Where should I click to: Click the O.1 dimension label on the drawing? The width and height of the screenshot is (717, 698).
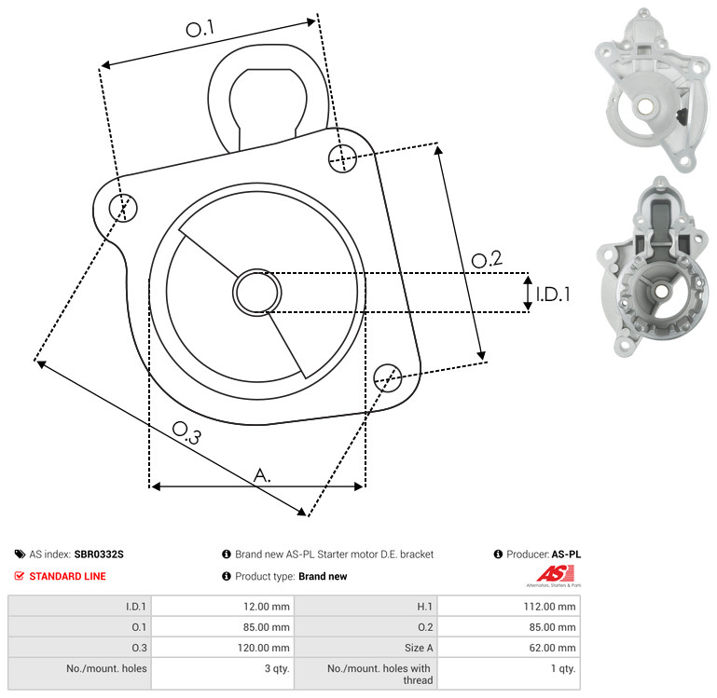[200, 29]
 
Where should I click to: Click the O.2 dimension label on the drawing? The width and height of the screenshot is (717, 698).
[487, 259]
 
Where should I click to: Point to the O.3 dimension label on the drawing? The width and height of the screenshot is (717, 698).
[186, 432]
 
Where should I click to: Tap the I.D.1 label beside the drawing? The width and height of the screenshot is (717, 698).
[553, 294]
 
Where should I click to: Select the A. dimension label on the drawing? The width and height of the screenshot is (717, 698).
[262, 475]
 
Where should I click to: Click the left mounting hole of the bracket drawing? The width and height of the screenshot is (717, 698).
[123, 208]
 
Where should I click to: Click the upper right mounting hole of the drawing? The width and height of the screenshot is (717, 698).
[342, 158]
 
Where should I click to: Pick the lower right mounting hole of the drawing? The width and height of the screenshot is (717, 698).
[388, 377]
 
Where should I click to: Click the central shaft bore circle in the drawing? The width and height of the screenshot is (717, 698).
[257, 293]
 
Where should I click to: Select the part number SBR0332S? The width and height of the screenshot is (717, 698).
[99, 554]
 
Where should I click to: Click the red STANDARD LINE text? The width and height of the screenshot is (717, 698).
[68, 576]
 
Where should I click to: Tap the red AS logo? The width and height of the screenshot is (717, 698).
[556, 574]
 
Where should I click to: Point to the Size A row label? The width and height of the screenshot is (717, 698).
[419, 648]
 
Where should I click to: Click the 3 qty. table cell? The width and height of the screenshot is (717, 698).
[277, 668]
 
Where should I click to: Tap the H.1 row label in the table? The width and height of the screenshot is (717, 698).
[424, 607]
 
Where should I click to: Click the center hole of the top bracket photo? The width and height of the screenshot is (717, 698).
[645, 106]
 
